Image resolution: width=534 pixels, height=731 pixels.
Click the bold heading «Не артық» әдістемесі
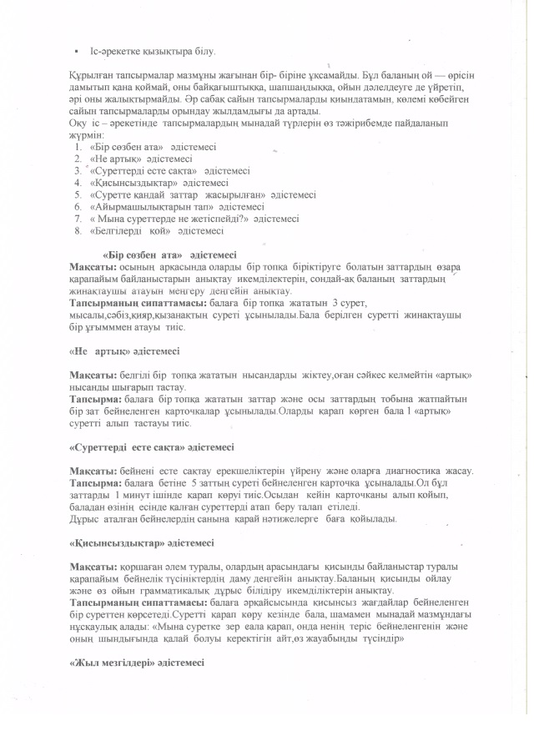124,350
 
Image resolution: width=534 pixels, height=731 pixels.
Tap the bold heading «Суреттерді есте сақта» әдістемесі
151,446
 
